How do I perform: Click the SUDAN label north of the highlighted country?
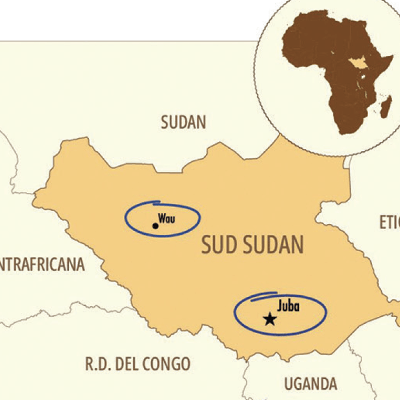(183, 122)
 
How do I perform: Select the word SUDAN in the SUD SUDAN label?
(273, 245)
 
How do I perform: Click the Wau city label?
(167, 218)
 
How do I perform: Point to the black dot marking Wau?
(155, 226)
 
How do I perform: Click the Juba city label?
(288, 307)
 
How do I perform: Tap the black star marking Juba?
(270, 319)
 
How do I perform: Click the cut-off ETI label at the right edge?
(390, 223)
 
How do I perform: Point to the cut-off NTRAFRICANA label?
(42, 265)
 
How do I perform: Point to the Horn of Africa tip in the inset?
(392, 57)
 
